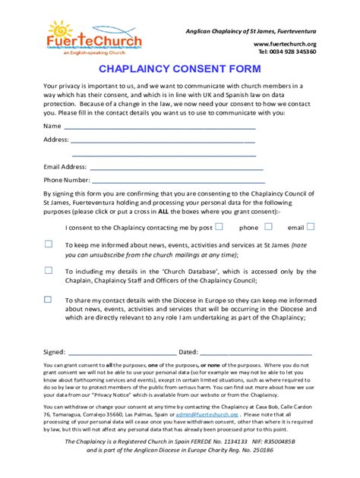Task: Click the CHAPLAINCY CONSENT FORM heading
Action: [180, 68]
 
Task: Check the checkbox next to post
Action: [219, 226]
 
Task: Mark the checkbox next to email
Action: [311, 226]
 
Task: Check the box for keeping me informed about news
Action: [48, 244]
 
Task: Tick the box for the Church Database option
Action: [48, 270]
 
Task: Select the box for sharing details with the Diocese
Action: [48, 299]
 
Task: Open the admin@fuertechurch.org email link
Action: [207, 415]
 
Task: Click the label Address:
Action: [56, 140]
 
